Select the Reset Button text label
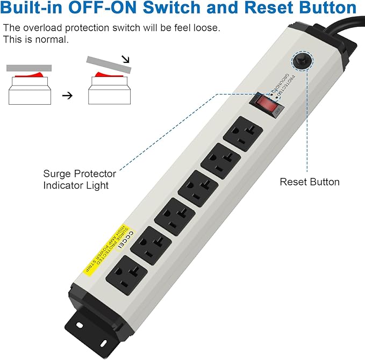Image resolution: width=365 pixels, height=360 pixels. [309, 182]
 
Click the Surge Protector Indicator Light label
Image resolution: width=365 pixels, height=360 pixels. [79, 179]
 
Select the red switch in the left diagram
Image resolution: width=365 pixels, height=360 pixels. [29, 76]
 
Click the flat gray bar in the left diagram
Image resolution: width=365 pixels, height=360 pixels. [29, 68]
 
